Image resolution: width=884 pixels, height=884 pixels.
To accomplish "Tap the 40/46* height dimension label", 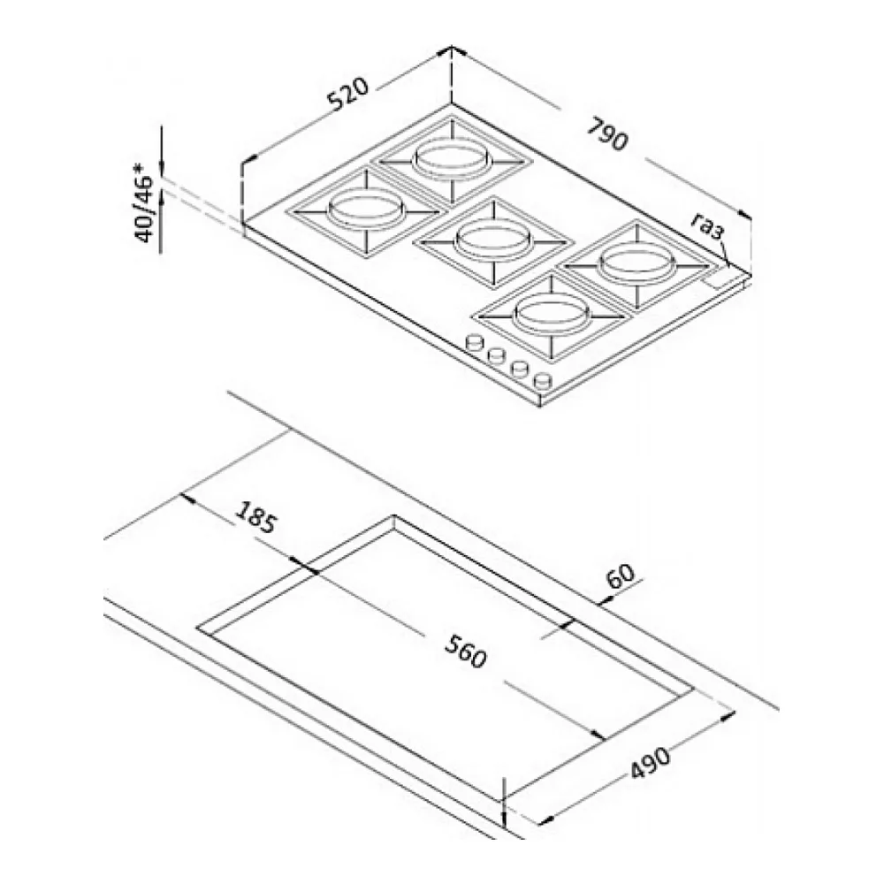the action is point(144,202).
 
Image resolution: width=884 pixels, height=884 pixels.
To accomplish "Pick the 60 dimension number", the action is point(621,576).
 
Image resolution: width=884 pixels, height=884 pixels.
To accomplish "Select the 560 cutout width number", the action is point(465,652).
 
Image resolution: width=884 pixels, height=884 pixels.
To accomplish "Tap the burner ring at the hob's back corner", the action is point(450,159).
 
